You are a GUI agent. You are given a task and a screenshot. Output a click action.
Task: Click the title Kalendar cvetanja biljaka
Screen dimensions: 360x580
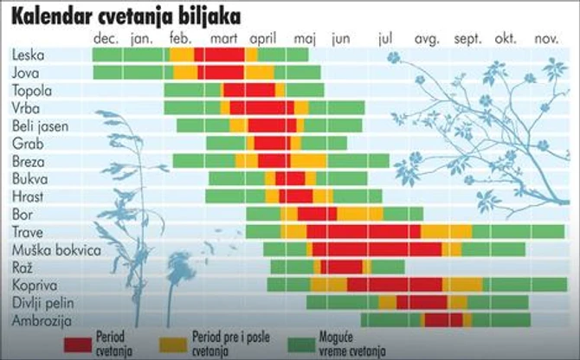(x=126, y=16)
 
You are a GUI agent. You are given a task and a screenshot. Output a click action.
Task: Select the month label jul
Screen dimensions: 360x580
(x=386, y=39)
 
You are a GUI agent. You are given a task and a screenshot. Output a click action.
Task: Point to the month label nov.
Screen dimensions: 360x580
(x=546, y=39)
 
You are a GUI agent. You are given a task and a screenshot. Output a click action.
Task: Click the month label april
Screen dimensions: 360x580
(x=263, y=39)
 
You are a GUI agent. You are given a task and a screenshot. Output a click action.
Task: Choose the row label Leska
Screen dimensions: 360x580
(x=29, y=55)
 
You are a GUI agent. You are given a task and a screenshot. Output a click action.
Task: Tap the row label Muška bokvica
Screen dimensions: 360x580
(x=50, y=249)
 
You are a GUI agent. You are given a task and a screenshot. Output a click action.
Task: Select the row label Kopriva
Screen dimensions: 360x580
(x=34, y=285)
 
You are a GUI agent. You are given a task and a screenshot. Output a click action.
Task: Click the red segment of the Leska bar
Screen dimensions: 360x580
(x=224, y=55)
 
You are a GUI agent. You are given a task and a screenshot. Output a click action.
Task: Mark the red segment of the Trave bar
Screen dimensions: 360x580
(x=364, y=232)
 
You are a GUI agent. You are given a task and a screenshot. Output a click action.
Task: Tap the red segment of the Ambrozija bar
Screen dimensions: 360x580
(x=443, y=320)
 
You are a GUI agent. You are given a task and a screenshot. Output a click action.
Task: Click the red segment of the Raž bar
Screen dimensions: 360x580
(x=342, y=267)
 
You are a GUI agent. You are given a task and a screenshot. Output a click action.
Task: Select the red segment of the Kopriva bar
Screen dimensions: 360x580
(x=395, y=285)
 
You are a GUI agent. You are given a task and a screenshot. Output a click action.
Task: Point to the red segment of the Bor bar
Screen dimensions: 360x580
(x=317, y=214)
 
